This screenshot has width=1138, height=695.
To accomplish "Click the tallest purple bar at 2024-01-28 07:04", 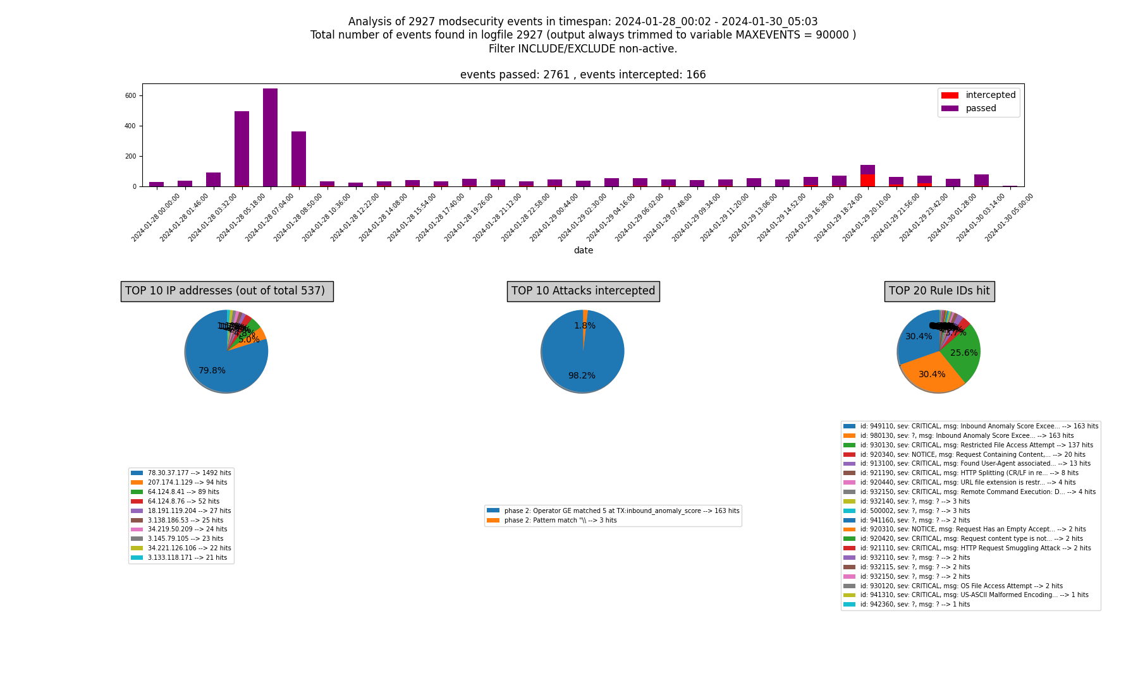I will [x=270, y=138].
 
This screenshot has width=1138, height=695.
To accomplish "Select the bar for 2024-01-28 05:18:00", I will [x=242, y=149].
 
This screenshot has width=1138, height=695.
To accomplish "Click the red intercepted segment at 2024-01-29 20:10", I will [x=867, y=180].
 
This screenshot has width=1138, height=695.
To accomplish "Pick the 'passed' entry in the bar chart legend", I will [x=981, y=109].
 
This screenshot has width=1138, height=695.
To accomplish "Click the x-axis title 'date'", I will [x=583, y=251].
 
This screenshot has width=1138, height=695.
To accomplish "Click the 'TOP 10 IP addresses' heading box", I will [x=227, y=291].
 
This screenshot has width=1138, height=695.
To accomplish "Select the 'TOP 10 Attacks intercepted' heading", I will [x=583, y=291].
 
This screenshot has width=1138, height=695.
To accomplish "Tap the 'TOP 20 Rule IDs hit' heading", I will [x=939, y=291].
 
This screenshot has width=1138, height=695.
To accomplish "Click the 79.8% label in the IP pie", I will [x=212, y=371].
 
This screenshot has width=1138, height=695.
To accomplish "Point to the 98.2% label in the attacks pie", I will [x=582, y=376].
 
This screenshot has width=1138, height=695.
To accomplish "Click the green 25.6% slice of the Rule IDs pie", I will [x=964, y=353].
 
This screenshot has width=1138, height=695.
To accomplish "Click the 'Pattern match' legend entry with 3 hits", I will [x=560, y=521].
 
